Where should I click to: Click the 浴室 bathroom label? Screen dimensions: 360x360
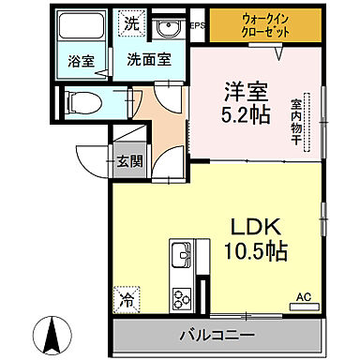click(x=82, y=62)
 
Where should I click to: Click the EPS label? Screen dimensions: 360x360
click(x=197, y=25)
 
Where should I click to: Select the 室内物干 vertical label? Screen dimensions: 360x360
click(x=294, y=120)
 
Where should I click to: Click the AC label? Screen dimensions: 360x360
click(x=303, y=298)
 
